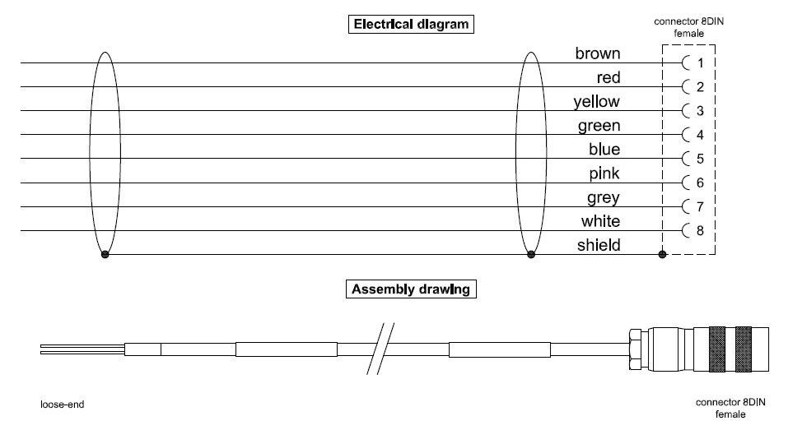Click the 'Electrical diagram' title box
(x=411, y=24)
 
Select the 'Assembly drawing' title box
(x=411, y=289)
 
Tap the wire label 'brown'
(x=598, y=54)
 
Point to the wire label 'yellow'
(x=597, y=102)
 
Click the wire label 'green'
(x=599, y=127)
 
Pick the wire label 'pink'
(x=604, y=173)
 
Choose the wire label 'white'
(x=601, y=221)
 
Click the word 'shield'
(x=599, y=245)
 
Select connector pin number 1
(x=700, y=63)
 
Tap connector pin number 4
(x=700, y=135)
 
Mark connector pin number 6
(x=700, y=183)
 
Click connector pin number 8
(x=700, y=230)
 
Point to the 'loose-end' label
(x=63, y=405)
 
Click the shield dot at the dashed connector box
(x=663, y=254)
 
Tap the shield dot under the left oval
(x=105, y=254)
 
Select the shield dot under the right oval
(x=531, y=254)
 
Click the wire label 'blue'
(x=605, y=150)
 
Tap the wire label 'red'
(x=608, y=78)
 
